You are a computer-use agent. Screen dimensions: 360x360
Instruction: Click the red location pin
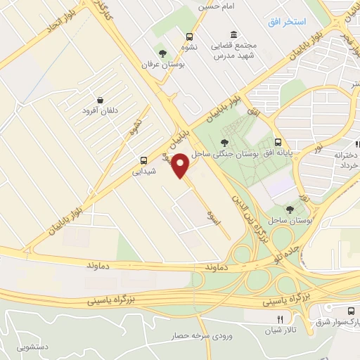181,165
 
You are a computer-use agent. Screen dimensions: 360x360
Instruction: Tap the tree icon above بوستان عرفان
162,53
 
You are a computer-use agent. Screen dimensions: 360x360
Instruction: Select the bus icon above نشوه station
189,37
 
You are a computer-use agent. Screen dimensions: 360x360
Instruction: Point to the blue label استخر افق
286,22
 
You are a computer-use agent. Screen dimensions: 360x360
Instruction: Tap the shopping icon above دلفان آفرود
102,101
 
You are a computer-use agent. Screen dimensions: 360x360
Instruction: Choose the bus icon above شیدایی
143,160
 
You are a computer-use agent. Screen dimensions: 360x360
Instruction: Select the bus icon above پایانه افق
279,141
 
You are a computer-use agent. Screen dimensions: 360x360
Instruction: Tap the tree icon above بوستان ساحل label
290,209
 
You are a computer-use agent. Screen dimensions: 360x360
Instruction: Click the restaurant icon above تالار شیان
262,319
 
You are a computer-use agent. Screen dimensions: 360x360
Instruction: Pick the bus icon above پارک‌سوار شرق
349,310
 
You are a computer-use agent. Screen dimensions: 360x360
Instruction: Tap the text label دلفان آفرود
101,111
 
